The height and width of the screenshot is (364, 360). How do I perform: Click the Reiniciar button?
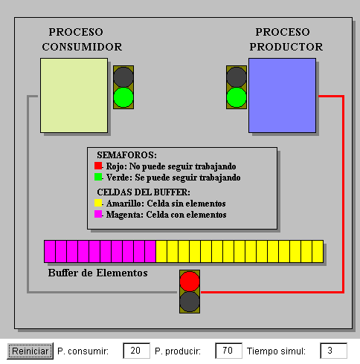30,351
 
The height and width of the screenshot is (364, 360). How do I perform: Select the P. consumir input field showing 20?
136,351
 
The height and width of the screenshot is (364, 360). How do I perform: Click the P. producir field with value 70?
228,351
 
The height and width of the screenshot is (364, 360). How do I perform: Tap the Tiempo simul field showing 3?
333,351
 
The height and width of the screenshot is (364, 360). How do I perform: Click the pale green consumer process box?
74,96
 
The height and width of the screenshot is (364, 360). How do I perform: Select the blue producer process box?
282,96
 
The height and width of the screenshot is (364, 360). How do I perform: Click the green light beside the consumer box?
123,97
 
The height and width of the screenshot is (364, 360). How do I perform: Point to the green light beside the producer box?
237,97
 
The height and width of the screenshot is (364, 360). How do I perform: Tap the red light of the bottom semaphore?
190,282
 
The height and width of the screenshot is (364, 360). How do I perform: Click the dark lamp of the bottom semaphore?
190,302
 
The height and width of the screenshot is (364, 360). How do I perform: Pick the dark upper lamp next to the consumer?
123,77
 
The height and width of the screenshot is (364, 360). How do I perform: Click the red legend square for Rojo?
98,166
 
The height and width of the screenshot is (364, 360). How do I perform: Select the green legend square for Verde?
98,177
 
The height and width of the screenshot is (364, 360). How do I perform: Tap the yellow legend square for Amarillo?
98,203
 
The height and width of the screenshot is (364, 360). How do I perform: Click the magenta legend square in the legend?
98,214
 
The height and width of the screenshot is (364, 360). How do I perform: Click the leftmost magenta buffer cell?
50,251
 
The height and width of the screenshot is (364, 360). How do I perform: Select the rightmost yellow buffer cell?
318,251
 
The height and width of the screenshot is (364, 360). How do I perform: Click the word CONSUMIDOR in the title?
82,47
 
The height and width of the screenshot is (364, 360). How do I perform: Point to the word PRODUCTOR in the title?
286,47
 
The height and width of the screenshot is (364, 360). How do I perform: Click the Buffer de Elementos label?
98,273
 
